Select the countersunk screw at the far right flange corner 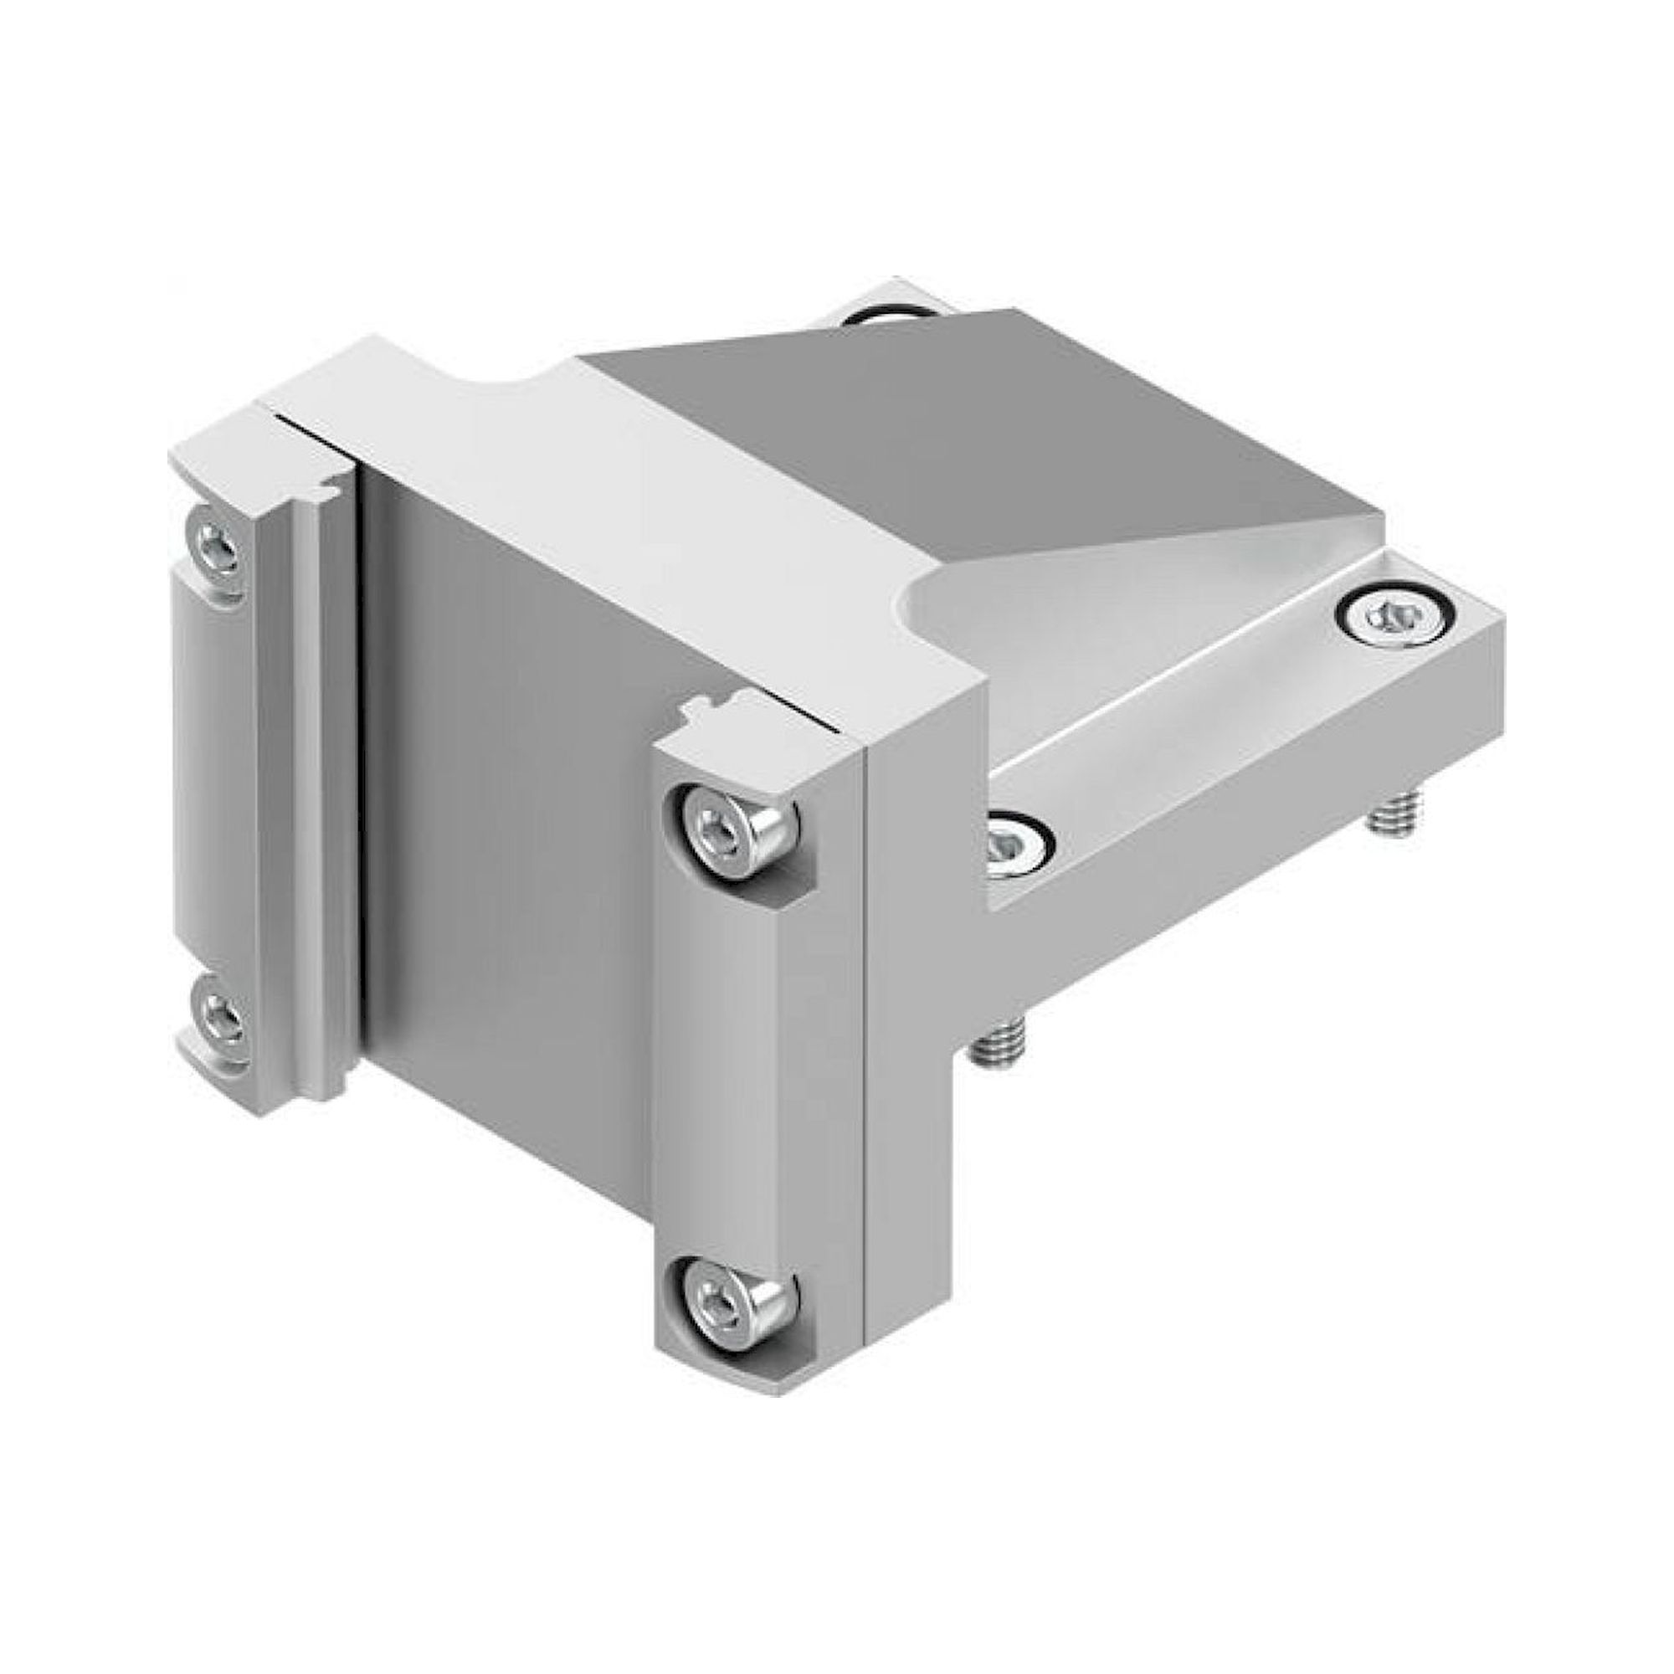point(1389,616)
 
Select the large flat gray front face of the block point(511,806)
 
